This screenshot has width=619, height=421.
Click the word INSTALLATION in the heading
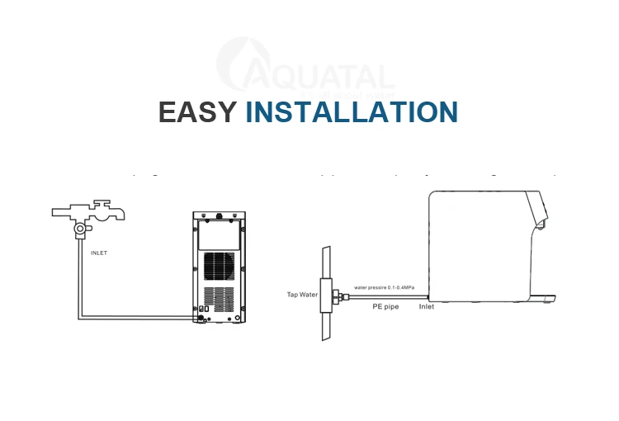pos(352,112)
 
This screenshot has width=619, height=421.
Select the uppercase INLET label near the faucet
pos(99,253)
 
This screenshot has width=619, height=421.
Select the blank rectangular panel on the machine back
pos(219,234)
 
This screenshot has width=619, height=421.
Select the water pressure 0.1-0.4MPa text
pos(384,287)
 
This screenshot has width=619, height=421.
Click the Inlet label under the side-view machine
pos(427,306)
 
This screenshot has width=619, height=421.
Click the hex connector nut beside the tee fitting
pos(339,295)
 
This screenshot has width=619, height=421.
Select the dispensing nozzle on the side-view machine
pos(541,222)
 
